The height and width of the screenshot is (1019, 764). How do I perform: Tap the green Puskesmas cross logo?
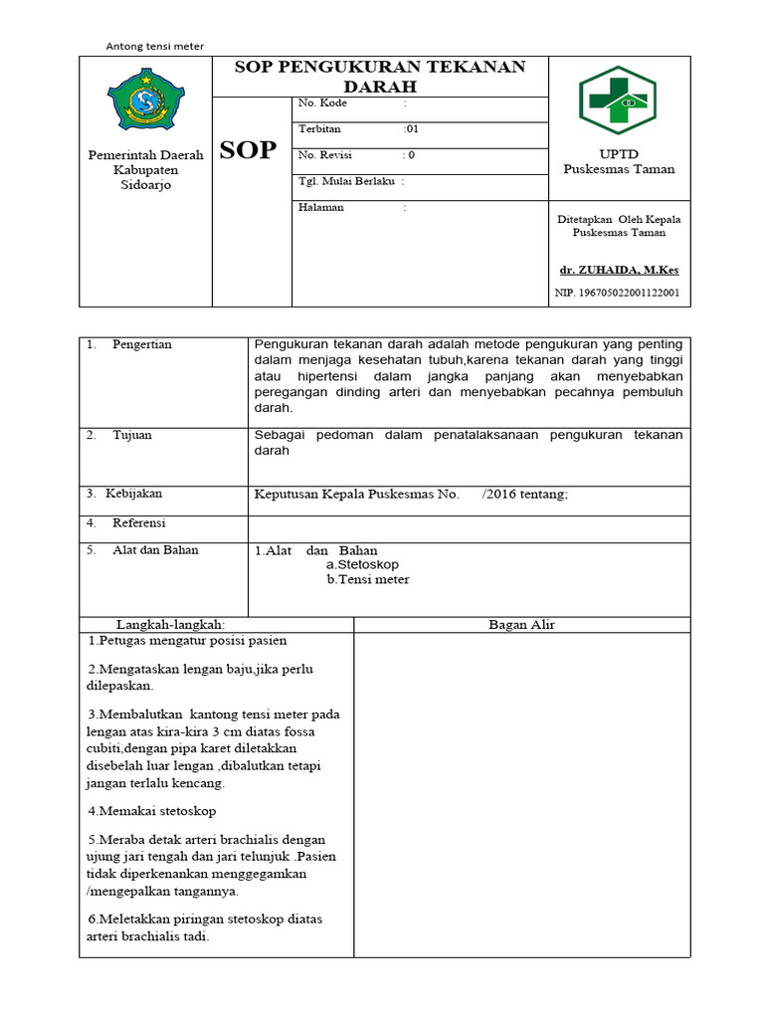617,102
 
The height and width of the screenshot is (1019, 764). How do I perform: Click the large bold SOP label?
248,151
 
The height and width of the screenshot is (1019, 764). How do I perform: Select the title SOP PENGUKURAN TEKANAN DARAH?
379,76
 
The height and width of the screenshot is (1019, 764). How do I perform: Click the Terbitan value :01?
411,129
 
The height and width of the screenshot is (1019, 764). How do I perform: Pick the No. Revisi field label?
325,155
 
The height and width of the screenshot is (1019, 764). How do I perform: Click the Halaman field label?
321,207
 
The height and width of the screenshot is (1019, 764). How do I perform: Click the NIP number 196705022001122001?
617,293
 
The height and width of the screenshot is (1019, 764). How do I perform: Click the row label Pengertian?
142,344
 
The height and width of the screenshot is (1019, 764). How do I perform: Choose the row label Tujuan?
132,435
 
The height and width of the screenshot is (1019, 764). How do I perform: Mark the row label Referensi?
139,522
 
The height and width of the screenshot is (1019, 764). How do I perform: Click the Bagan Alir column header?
521,624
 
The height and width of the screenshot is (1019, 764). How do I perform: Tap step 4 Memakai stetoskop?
151,811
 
